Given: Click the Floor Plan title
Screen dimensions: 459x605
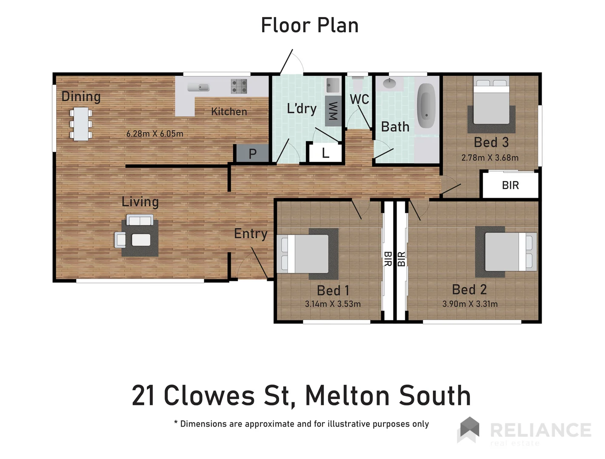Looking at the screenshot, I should (309, 25).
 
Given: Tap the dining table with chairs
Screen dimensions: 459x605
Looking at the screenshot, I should (81, 124).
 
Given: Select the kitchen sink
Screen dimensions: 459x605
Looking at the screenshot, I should (199, 87).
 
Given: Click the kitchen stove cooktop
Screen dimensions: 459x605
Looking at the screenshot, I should (239, 86).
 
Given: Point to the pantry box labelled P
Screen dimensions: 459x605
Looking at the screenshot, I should (252, 153).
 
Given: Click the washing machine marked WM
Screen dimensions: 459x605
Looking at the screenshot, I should (333, 111).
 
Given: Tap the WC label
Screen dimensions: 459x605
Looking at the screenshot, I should (359, 99).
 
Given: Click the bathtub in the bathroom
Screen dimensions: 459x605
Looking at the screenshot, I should (426, 106).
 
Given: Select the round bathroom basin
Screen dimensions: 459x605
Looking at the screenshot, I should (389, 83).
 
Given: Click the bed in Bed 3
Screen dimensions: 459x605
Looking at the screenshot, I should (491, 102).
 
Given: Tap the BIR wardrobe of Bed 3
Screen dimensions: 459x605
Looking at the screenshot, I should (510, 185).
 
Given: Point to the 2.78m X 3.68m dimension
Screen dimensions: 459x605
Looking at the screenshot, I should (490, 158).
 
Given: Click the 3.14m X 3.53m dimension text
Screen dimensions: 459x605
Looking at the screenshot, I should (333, 304).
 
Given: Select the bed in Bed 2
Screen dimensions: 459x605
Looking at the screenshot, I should (510, 252).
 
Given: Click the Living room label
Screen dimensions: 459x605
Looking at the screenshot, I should (140, 201).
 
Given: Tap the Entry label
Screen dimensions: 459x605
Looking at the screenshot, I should (251, 233).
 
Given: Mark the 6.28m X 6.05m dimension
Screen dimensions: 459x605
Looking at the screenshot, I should (155, 133).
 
